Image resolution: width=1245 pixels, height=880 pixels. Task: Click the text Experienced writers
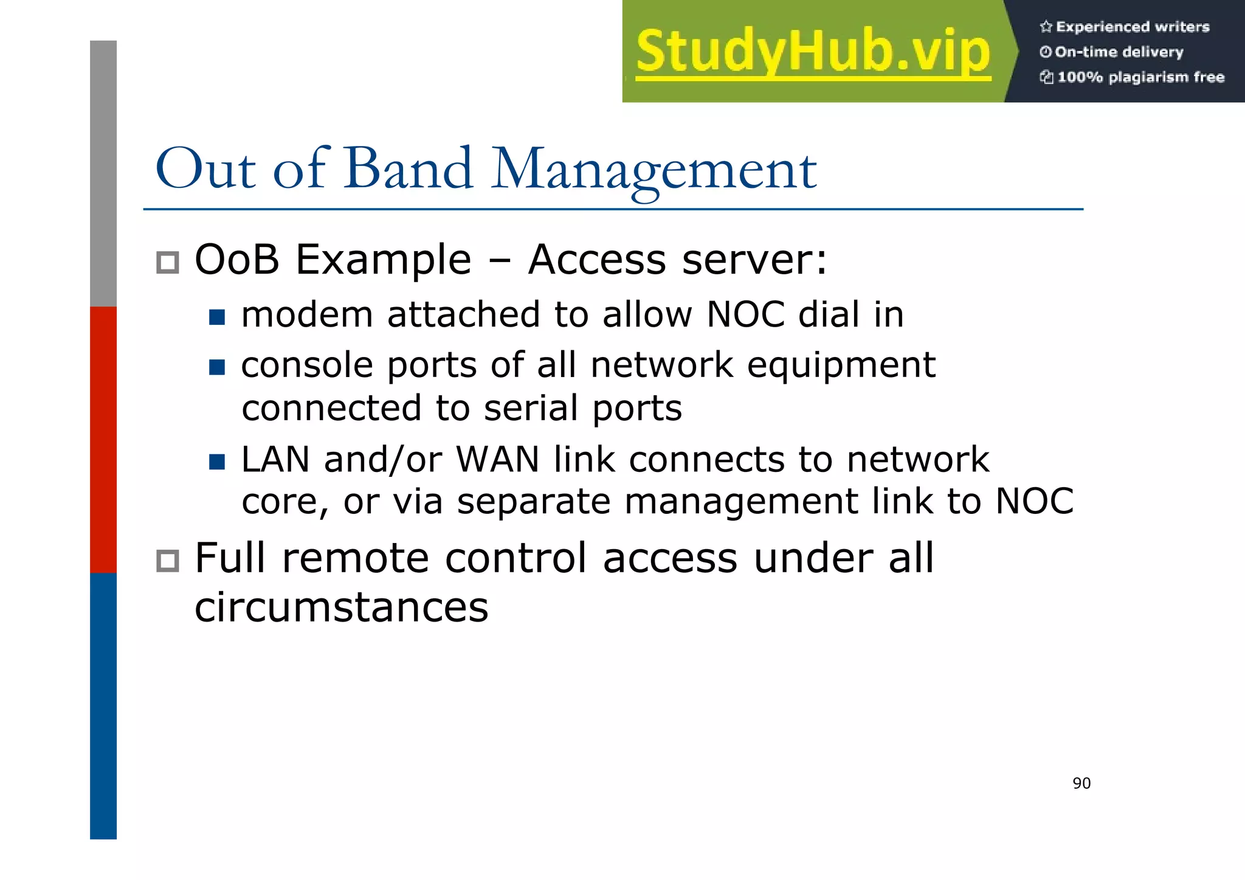tap(1132, 27)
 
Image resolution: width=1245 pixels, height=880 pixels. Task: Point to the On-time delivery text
tap(1119, 52)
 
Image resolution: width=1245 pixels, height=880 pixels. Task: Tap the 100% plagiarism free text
tap(1140, 77)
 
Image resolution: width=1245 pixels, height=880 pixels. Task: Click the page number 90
tap(1081, 783)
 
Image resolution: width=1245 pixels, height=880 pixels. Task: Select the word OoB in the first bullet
tap(236, 260)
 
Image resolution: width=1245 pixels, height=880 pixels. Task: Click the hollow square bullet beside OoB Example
tap(168, 263)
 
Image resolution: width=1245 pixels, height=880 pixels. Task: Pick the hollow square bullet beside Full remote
tap(168, 561)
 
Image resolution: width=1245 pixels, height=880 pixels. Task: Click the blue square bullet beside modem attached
tap(217, 317)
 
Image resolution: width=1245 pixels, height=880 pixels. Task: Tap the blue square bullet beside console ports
tap(217, 367)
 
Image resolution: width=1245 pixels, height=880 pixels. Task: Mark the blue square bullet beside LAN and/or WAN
tap(217, 462)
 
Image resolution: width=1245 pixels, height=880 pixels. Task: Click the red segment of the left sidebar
tap(103, 439)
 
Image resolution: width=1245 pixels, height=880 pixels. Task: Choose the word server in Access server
tap(754, 260)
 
